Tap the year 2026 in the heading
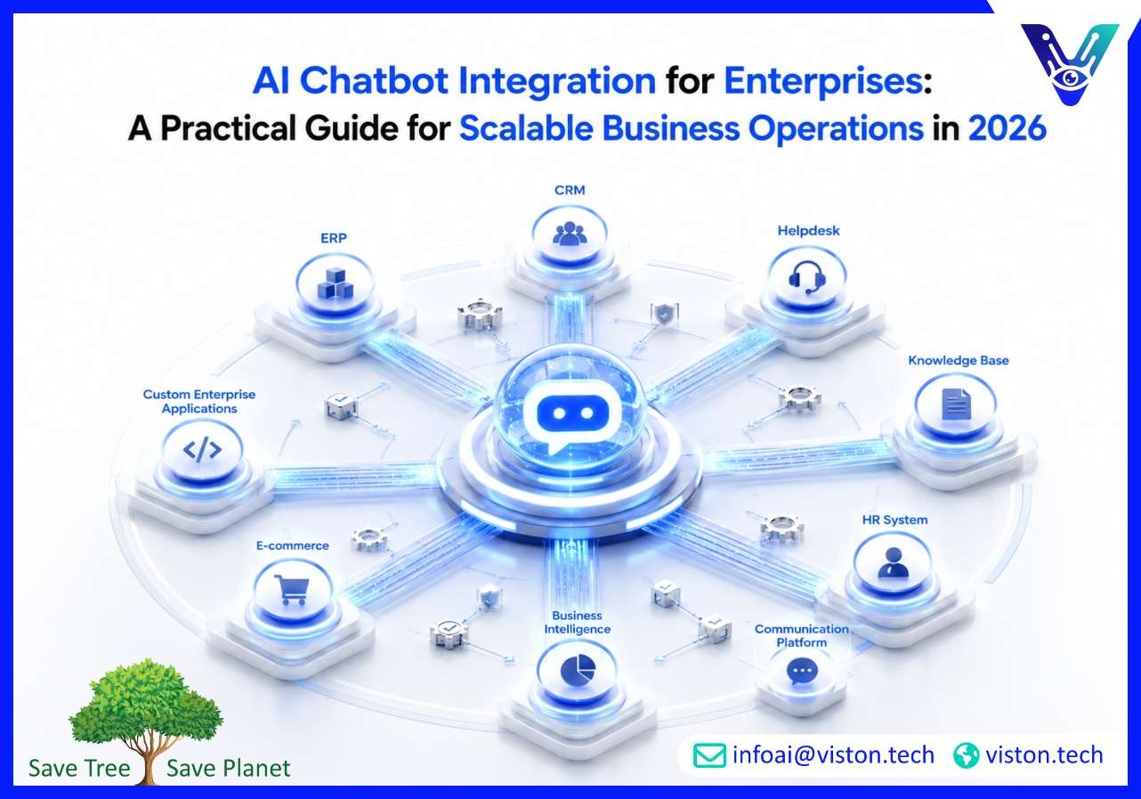pos(1007,128)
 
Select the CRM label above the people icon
pos(570,190)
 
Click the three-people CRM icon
pos(570,234)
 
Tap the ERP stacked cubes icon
pos(335,283)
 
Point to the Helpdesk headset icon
pos(807,278)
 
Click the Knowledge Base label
pos(959,361)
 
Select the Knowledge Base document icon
pos(956,404)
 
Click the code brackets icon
pos(202,449)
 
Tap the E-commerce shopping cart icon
pos(291,590)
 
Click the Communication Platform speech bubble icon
pos(802,673)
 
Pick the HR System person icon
pos(894,562)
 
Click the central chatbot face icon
pos(572,417)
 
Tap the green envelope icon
pos(709,755)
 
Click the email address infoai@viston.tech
pos(833,755)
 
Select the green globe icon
pos(967,755)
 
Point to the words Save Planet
pos(228,768)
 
